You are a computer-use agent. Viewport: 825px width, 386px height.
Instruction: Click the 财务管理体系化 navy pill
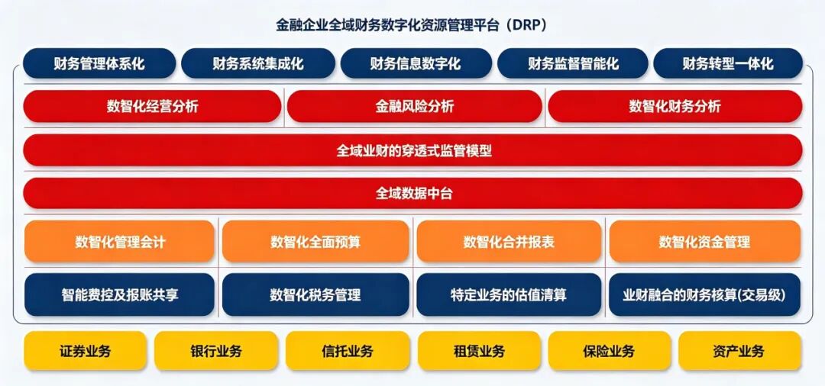(x=99, y=63)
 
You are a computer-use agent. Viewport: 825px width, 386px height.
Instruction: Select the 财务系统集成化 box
(x=258, y=63)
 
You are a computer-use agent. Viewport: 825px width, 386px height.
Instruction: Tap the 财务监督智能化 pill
(x=572, y=63)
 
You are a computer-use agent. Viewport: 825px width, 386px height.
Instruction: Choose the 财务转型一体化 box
(x=728, y=63)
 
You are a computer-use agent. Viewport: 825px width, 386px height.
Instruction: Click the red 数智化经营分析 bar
(x=152, y=107)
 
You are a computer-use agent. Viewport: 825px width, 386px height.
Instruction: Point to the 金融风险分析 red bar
(x=414, y=107)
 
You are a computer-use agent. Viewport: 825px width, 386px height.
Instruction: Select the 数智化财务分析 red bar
(x=675, y=107)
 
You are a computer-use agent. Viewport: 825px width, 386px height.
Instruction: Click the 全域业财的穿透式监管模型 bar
(x=413, y=151)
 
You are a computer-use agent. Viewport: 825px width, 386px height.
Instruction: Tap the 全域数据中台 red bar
(x=413, y=194)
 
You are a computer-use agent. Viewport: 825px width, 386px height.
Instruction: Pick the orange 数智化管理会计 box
(x=119, y=242)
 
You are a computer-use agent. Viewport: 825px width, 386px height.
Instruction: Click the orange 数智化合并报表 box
(x=509, y=242)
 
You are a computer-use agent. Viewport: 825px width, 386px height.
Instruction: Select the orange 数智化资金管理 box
(x=704, y=242)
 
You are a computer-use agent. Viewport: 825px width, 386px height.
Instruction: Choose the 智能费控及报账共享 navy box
(x=119, y=294)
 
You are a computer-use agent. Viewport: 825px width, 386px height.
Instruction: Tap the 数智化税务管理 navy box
(x=315, y=294)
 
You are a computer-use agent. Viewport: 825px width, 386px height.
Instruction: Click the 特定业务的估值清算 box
(x=509, y=294)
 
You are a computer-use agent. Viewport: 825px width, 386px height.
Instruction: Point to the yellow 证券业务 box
(x=86, y=351)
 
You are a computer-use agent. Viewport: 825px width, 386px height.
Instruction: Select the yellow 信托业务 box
(x=348, y=351)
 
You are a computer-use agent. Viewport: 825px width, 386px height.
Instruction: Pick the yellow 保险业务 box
(x=610, y=351)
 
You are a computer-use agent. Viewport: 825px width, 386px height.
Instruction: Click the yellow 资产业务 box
(x=739, y=351)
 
